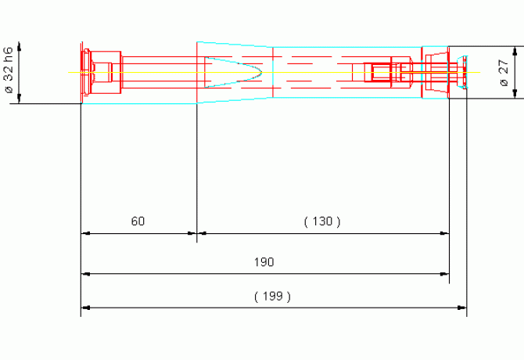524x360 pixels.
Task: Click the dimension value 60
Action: (x=138, y=221)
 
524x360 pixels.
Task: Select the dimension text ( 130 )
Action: (x=322, y=221)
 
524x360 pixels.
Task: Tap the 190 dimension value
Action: (x=264, y=262)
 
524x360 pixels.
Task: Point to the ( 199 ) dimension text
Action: (x=272, y=297)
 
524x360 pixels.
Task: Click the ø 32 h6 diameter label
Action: (x=9, y=70)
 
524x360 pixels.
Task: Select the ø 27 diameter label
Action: (x=504, y=73)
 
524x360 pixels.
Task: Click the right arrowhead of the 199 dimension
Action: (x=462, y=308)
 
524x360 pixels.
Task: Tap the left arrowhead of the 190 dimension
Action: (x=85, y=274)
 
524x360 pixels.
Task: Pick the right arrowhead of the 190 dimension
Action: (x=444, y=274)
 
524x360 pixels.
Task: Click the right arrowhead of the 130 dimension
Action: (x=444, y=233)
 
